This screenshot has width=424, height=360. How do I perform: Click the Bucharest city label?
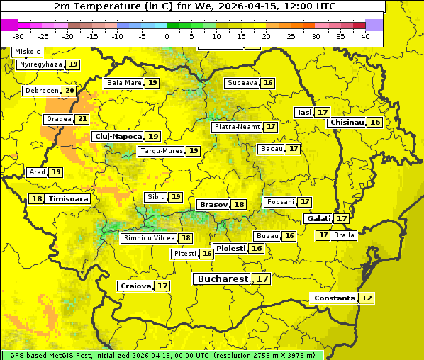pos(223,279)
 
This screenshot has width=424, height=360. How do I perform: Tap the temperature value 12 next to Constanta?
pos(367,298)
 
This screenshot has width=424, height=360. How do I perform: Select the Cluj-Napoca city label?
pos(118,136)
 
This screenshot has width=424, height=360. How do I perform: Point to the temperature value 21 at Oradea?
pos(83,119)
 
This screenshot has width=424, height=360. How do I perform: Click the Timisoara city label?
pos(69,199)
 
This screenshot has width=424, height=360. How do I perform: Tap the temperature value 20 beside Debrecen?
pos(69,91)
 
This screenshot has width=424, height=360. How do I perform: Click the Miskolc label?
pos(28,52)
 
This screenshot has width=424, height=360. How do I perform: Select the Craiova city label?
pos(136,286)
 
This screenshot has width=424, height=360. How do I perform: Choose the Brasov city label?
pos(213,204)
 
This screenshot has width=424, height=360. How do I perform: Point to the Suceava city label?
pos(242,83)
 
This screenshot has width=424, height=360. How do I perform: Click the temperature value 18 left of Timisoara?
pos(37,199)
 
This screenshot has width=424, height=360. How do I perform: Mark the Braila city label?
pos(344,235)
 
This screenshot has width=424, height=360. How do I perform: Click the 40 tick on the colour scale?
pos(365,35)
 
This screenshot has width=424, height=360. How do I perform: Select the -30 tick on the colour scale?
pos(18,35)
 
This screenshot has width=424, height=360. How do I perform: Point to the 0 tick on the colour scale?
pos(167,35)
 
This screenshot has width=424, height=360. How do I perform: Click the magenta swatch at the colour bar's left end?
pos(9,25)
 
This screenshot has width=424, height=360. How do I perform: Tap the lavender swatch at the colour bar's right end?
pos(374,25)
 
